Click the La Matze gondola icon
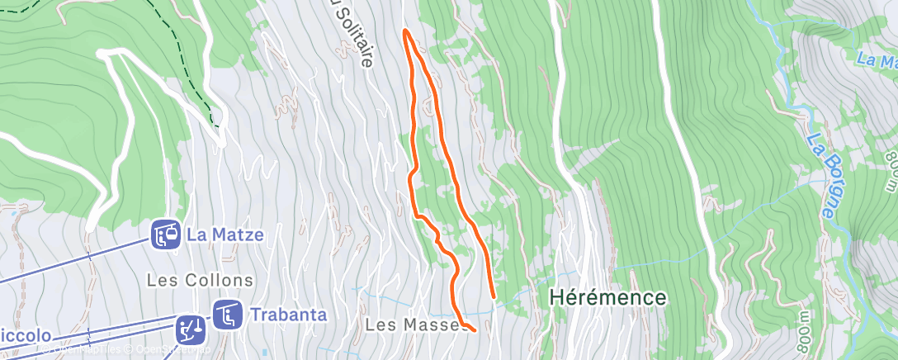click(166, 235)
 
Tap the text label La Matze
click(224, 234)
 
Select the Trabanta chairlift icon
click(227, 315)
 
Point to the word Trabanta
click(288, 315)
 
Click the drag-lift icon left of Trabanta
click(191, 329)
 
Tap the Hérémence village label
click(607, 297)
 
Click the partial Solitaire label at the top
click(353, 33)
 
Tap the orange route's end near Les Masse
click(475, 330)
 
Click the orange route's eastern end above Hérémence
click(494, 296)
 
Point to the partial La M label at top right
click(877, 59)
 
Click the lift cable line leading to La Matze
click(74, 260)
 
